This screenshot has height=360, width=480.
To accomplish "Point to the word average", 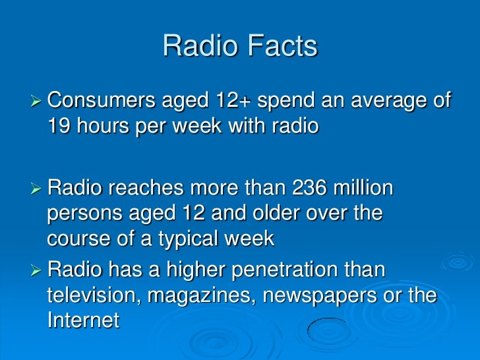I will [381, 102].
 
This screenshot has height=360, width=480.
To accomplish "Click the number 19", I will [58, 125].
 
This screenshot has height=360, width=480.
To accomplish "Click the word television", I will [92, 295].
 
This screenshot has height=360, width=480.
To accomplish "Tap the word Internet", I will [83, 320].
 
